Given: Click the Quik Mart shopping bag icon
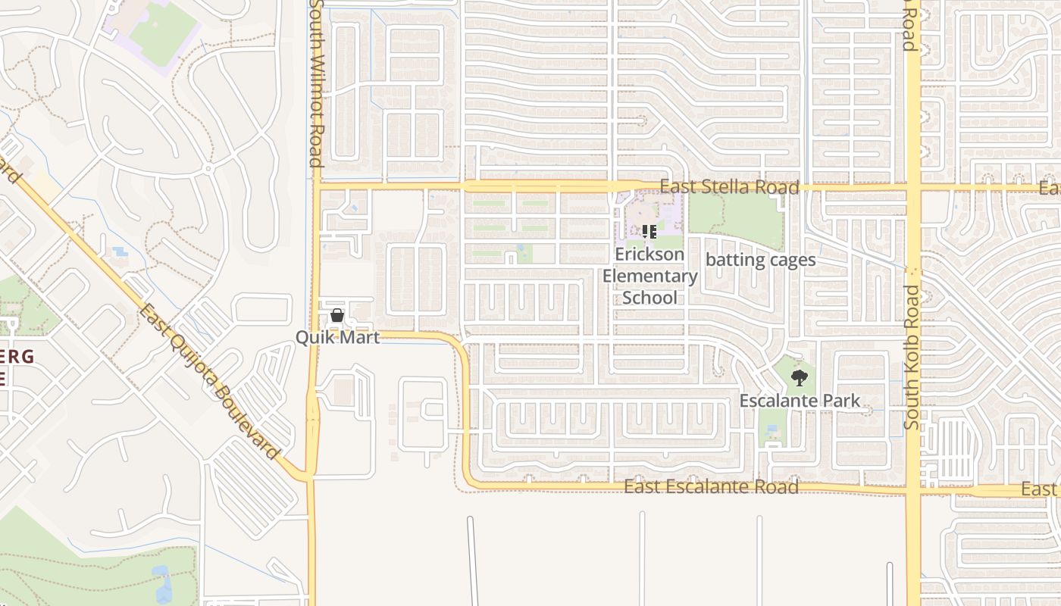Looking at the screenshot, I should (x=337, y=315).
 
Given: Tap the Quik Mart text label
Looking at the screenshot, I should (x=337, y=338).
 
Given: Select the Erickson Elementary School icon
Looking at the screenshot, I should (x=649, y=232).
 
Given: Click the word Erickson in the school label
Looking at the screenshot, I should (x=649, y=255).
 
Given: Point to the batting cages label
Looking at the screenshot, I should (x=760, y=260).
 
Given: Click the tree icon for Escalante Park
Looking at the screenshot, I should (x=799, y=377).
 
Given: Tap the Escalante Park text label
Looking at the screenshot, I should (x=800, y=401).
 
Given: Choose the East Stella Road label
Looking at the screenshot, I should (x=729, y=187).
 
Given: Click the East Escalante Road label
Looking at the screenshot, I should (x=711, y=486).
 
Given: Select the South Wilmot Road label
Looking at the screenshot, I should (x=316, y=83).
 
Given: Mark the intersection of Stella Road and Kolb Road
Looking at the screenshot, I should (x=913, y=187).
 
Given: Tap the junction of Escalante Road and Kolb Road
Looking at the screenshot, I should (x=913, y=489).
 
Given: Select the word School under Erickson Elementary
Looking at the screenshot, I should (x=649, y=298).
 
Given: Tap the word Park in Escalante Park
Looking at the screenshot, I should (x=843, y=401).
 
